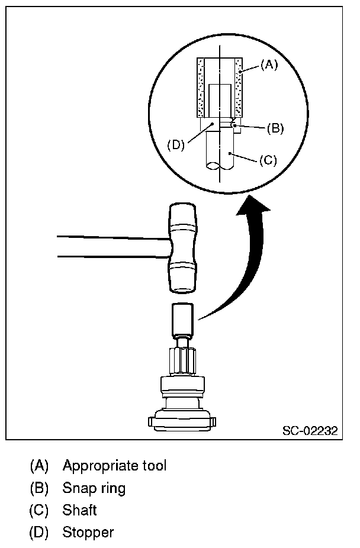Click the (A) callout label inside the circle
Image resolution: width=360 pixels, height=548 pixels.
tap(269, 66)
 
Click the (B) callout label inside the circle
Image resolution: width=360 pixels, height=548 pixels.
tap(275, 127)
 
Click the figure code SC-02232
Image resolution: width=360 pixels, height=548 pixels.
tap(310, 431)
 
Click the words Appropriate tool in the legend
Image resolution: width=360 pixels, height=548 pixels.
tap(114, 465)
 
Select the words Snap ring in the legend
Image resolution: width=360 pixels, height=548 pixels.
tap(94, 488)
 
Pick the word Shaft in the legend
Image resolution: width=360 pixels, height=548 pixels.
tap(79, 510)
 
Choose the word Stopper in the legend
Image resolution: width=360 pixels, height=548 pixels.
tap(88, 532)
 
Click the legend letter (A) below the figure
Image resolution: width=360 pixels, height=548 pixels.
tap(39, 465)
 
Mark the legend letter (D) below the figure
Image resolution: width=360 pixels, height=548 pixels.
tap(39, 532)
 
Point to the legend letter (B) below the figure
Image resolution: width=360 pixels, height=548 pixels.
tap(39, 488)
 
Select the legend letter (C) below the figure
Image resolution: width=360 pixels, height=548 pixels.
tap(39, 510)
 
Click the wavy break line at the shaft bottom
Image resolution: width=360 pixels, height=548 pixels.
tap(219, 168)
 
